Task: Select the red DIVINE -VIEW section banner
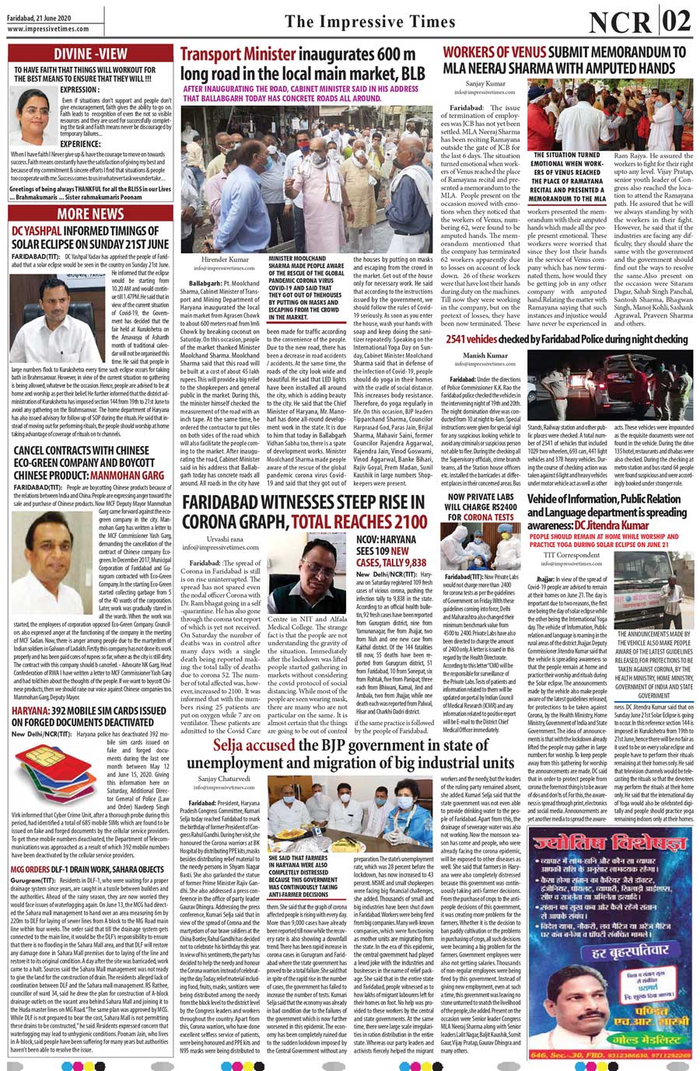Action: tap(90, 54)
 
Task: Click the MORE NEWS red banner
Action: tap(90, 213)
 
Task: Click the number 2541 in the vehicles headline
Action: tap(460, 340)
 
